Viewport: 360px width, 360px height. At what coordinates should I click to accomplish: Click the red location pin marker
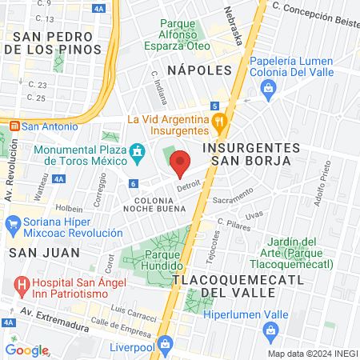click(x=181, y=162)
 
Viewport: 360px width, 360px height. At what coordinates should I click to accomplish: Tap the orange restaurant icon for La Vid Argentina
click(x=220, y=120)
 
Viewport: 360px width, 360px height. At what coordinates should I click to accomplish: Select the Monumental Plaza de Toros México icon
click(x=138, y=151)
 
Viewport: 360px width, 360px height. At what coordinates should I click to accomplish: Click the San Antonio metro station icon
click(x=14, y=126)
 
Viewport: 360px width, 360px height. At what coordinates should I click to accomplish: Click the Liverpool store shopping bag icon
click(x=165, y=344)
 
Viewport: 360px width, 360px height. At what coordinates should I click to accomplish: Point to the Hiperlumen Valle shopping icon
click(x=273, y=331)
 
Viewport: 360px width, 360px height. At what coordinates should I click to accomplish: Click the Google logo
click(x=26, y=350)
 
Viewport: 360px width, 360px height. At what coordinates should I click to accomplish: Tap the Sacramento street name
click(x=234, y=196)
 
